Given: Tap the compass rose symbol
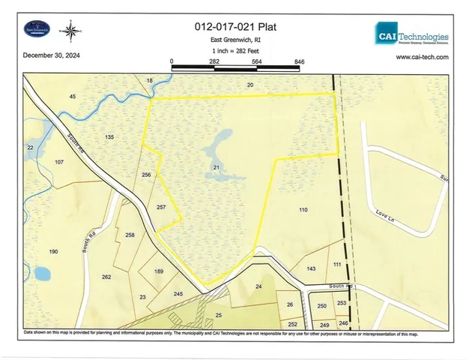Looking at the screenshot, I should pyautogui.click(x=71, y=31).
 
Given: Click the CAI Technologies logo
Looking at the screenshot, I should pyautogui.click(x=411, y=36).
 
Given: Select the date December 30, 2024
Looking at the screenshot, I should pyautogui.click(x=51, y=55).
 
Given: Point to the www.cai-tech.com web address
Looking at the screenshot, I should pyautogui.click(x=422, y=57).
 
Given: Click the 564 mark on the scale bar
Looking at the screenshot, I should pyautogui.click(x=256, y=61).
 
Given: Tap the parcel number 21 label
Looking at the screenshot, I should pyautogui.click(x=216, y=166).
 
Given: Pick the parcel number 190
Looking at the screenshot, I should pyautogui.click(x=53, y=251).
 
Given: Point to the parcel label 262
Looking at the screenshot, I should pyautogui.click(x=106, y=277).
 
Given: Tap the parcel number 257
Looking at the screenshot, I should pyautogui.click(x=161, y=207).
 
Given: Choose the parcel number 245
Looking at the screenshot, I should pyautogui.click(x=178, y=294).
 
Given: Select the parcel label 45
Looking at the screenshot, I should pyautogui.click(x=73, y=97).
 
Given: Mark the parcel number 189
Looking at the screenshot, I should pyautogui.click(x=159, y=271).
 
